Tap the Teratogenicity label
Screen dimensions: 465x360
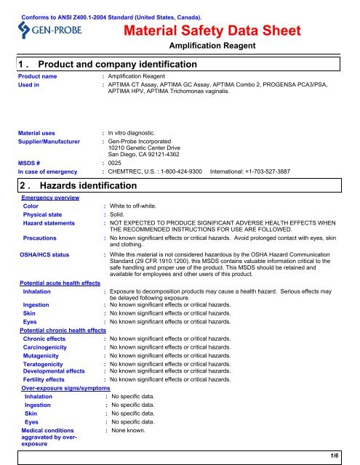pos(47,364)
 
